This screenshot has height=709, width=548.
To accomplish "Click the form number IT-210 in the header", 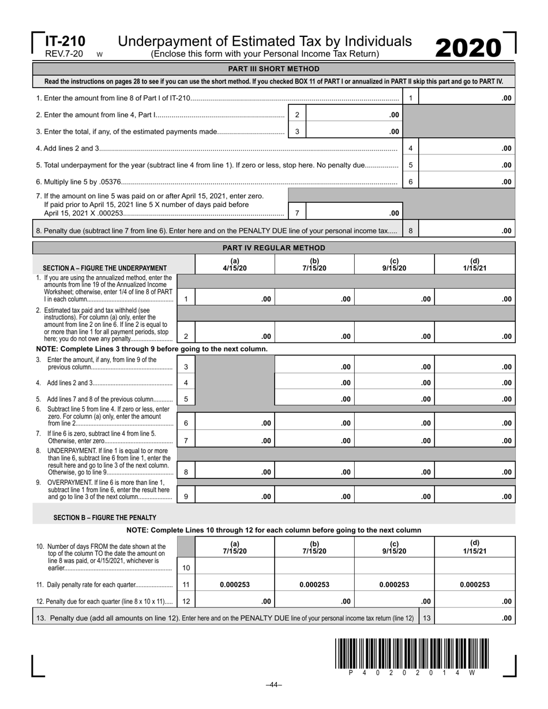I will [65, 42].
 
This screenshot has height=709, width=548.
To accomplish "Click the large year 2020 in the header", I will [468, 48].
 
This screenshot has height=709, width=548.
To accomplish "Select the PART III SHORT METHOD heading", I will [273, 69].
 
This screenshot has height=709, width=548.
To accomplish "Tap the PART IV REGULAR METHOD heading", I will [273, 248].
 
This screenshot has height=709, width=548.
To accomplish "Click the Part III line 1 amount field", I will [466, 98].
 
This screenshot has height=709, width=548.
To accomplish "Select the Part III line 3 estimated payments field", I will [354, 131].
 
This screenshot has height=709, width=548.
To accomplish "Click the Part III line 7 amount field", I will [354, 213].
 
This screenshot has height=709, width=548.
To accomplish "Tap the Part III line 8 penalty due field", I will [466, 231].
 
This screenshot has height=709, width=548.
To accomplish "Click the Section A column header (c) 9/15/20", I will [394, 265].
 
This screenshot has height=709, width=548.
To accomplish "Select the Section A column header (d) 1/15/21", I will [474, 265].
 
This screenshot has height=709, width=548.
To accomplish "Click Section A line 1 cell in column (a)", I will [235, 299].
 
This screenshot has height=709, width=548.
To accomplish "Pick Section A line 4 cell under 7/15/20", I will [314, 383].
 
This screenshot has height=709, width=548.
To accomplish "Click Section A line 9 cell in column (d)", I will [474, 496].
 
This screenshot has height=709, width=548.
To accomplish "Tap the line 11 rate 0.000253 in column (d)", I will [474, 584].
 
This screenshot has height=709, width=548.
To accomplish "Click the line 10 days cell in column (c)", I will [394, 567].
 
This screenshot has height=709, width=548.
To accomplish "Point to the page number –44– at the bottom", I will [273, 685].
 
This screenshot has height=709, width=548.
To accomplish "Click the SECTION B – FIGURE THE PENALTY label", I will [104, 518].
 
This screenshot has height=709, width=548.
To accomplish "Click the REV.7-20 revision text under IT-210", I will [64, 54].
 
